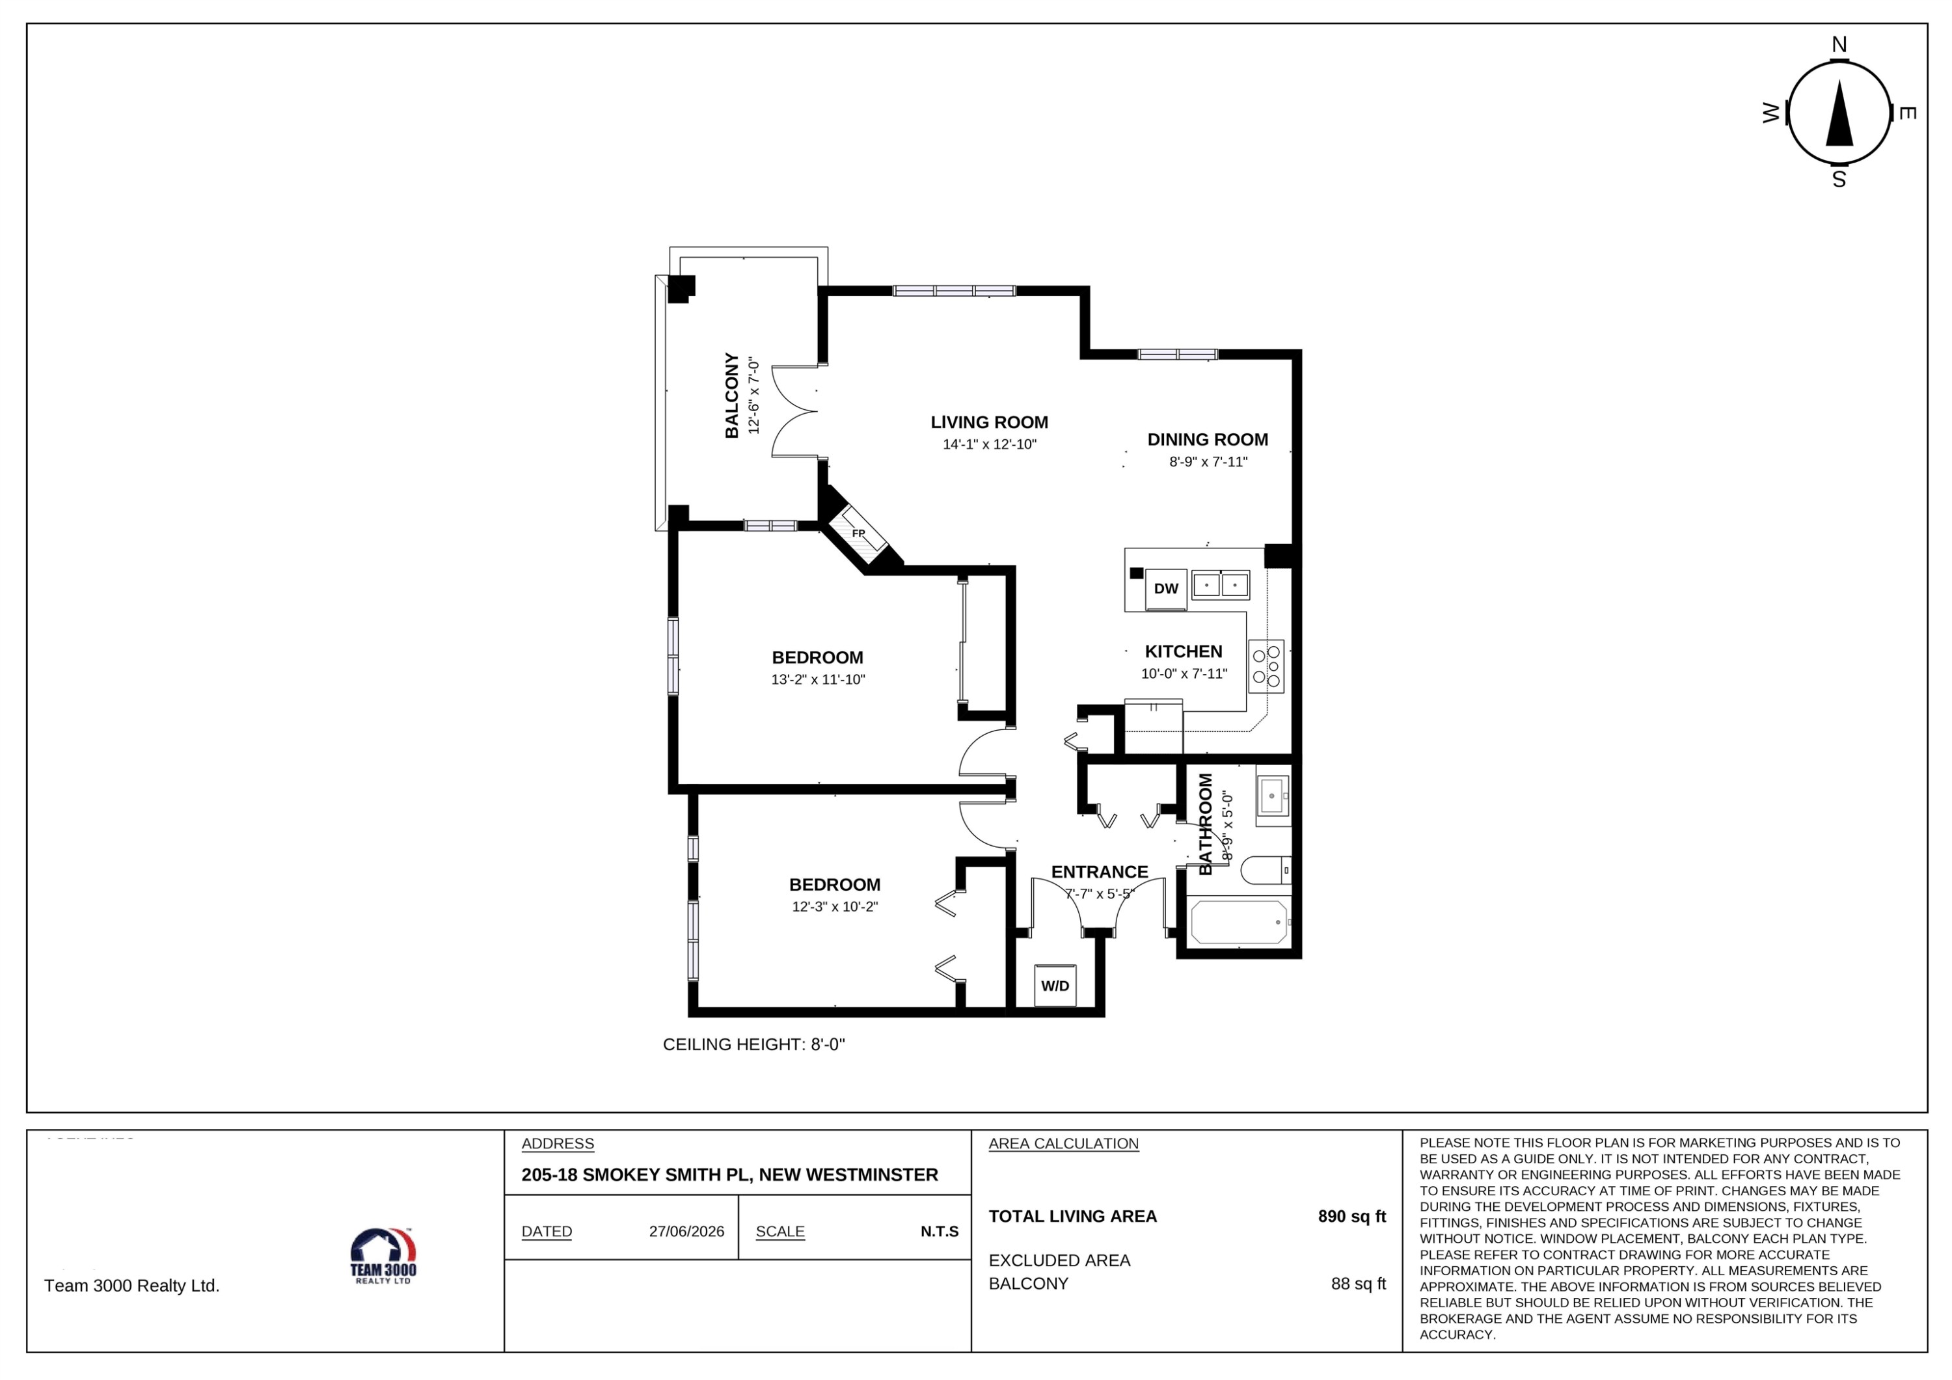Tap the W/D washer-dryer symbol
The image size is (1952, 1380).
pyautogui.click(x=1055, y=986)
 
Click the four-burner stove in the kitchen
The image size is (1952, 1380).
pyautogui.click(x=1266, y=666)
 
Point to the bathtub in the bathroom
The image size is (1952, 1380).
pyautogui.click(x=1239, y=922)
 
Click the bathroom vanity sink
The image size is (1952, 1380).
pyautogui.click(x=1273, y=796)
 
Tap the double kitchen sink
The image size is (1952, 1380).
pyautogui.click(x=1220, y=585)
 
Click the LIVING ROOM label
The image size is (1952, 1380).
pyautogui.click(x=989, y=422)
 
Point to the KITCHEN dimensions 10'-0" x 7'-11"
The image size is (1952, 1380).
pyautogui.click(x=1184, y=673)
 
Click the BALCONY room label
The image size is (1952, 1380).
pyautogui.click(x=731, y=396)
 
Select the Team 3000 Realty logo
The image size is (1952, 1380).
pyautogui.click(x=383, y=1256)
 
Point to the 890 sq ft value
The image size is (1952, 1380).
pyautogui.click(x=1352, y=1216)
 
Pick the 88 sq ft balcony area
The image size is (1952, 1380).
pyautogui.click(x=1358, y=1283)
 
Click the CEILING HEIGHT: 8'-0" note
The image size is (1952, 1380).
pyautogui.click(x=753, y=1044)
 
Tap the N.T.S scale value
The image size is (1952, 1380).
pyautogui.click(x=940, y=1231)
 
